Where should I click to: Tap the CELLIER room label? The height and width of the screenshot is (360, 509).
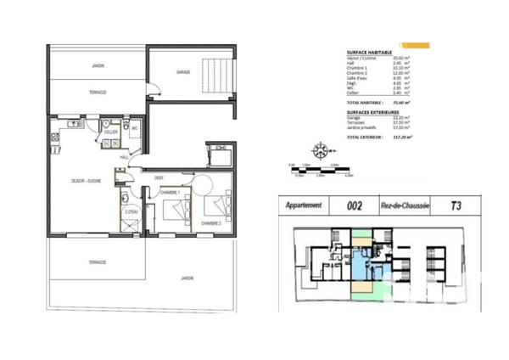pyautogui.click(x=110, y=132)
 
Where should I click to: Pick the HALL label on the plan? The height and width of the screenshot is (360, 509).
pyautogui.click(x=124, y=157)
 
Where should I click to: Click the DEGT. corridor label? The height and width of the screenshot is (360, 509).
pyautogui.click(x=159, y=177)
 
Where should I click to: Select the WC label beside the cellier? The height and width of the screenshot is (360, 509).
pyautogui.click(x=133, y=128)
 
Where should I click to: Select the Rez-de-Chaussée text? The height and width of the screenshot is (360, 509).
pyautogui.click(x=406, y=205)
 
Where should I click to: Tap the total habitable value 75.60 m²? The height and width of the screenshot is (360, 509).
pyautogui.click(x=398, y=102)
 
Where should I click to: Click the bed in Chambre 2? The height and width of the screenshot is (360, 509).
pyautogui.click(x=218, y=204)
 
